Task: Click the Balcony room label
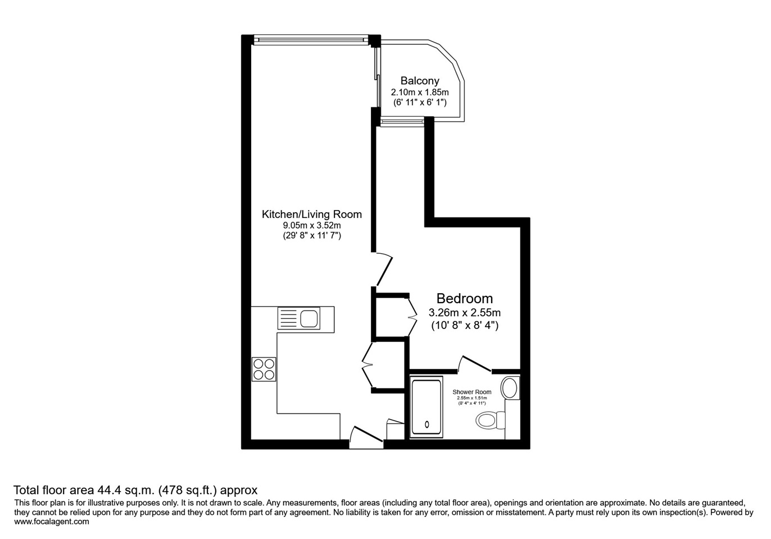coord(419,81)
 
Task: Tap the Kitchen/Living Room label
coord(311,214)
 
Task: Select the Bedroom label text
coord(464,299)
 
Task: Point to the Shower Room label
coord(471,392)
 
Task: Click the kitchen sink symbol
coord(298,319)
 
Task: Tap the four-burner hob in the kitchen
coord(264,369)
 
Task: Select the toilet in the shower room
coord(489,419)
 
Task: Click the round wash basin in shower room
coord(510,387)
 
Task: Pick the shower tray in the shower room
coord(427,408)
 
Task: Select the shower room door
coord(475,363)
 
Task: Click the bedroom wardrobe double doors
coord(412,318)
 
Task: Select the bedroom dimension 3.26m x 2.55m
coord(464,313)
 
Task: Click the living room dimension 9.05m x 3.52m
coord(311,226)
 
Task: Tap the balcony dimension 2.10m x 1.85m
coord(419,92)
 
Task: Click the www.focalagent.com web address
coord(51,522)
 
